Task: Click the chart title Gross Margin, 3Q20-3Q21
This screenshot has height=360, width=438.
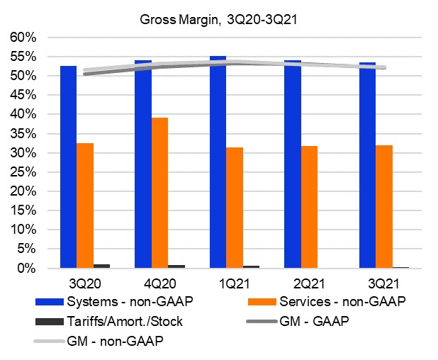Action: click(218, 20)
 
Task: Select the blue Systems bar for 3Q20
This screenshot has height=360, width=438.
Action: click(68, 167)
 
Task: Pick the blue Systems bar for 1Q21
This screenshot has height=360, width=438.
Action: click(218, 162)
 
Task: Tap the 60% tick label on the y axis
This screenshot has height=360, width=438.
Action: click(27, 37)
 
